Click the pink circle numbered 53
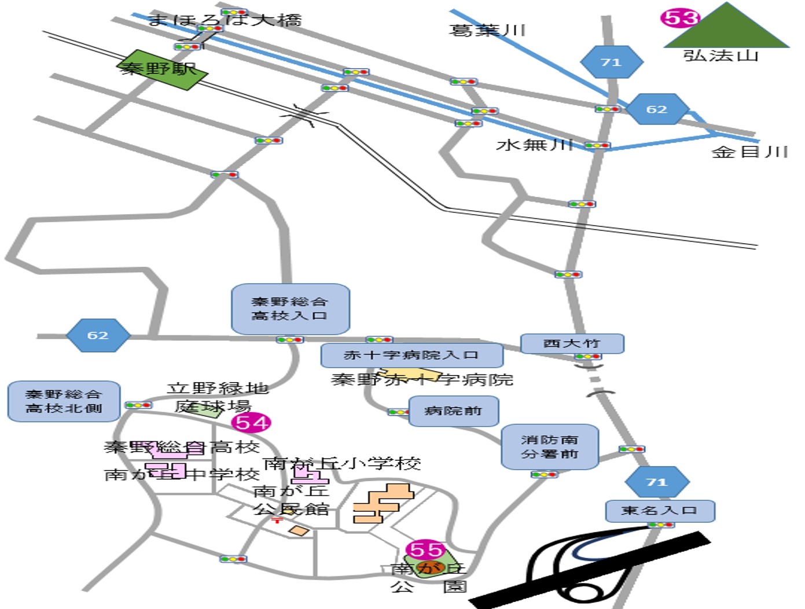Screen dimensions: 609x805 point(679,18)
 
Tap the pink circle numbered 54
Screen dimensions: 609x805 point(251,423)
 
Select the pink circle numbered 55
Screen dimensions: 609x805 point(427,549)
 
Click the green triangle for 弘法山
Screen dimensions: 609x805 point(727,29)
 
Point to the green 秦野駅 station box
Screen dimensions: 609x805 point(163,69)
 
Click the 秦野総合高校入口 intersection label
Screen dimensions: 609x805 point(290,309)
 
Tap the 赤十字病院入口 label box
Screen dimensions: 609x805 point(411,355)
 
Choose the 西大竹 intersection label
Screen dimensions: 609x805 point(572,343)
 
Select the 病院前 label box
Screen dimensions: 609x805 point(453,411)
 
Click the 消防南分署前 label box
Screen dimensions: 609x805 point(549,447)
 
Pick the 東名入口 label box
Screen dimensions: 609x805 point(660,511)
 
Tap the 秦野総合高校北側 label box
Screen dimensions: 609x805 point(64,401)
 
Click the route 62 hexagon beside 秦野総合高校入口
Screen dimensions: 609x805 point(98,335)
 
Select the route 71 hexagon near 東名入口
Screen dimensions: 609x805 point(657,482)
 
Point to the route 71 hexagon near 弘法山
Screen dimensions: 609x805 point(611,62)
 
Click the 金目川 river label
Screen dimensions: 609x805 point(749,152)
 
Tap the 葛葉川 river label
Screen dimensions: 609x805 point(487,30)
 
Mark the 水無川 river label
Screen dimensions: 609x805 point(534,145)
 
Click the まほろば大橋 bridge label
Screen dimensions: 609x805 point(225,20)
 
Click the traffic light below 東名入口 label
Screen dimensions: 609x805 point(660,525)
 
